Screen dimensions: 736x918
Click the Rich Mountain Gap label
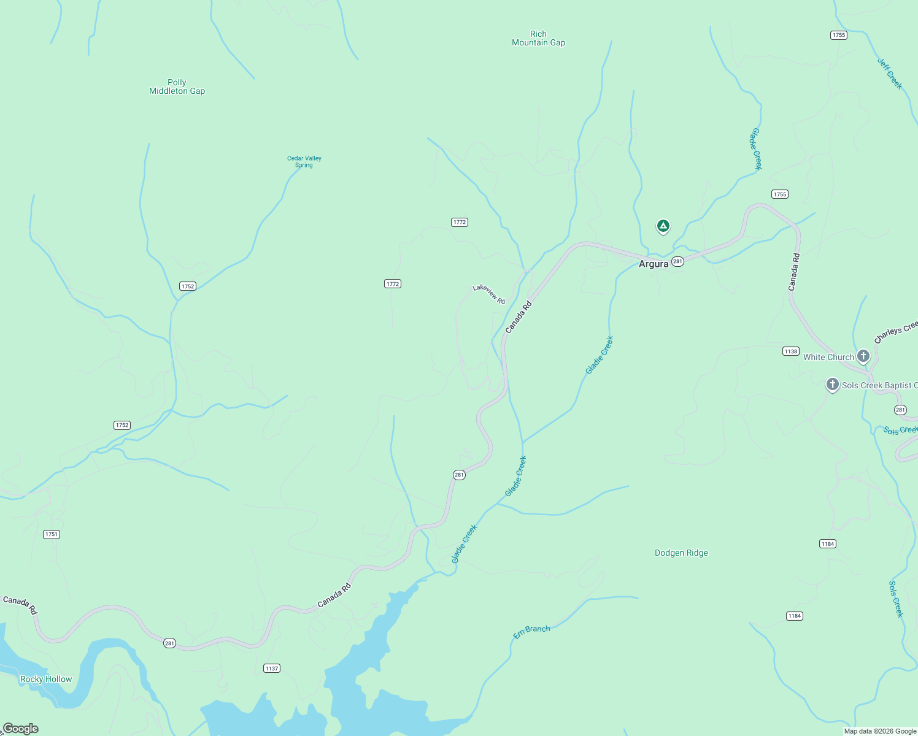pyautogui.click(x=538, y=38)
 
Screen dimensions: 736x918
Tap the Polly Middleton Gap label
pyautogui.click(x=177, y=86)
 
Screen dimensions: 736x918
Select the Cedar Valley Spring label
pyautogui.click(x=304, y=161)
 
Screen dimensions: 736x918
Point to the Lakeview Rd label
pyautogui.click(x=488, y=294)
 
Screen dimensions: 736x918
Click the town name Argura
pyautogui.click(x=653, y=264)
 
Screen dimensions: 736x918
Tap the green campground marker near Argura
pyautogui.click(x=663, y=226)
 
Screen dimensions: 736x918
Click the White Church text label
pyautogui.click(x=828, y=357)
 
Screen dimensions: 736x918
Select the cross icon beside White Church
pyautogui.click(x=863, y=356)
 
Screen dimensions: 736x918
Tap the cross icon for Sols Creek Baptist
pyautogui.click(x=832, y=385)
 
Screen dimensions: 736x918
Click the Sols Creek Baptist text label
pyautogui.click(x=879, y=385)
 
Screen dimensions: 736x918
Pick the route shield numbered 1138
pyautogui.click(x=790, y=351)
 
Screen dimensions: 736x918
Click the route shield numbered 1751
pyautogui.click(x=52, y=534)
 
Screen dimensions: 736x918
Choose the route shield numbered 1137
pyautogui.click(x=272, y=668)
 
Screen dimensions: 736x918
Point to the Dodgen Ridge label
pyautogui.click(x=681, y=553)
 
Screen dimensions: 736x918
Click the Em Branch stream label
pyautogui.click(x=531, y=632)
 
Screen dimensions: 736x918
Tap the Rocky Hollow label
pyautogui.click(x=46, y=679)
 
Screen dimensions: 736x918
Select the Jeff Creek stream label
pyautogui.click(x=890, y=74)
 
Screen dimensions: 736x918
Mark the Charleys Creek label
pyautogui.click(x=895, y=333)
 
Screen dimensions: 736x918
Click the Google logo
pyautogui.click(x=20, y=729)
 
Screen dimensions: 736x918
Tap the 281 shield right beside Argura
pyautogui.click(x=677, y=261)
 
